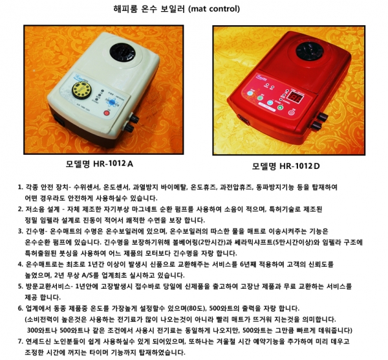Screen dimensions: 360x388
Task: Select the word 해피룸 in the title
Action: [125, 9]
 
